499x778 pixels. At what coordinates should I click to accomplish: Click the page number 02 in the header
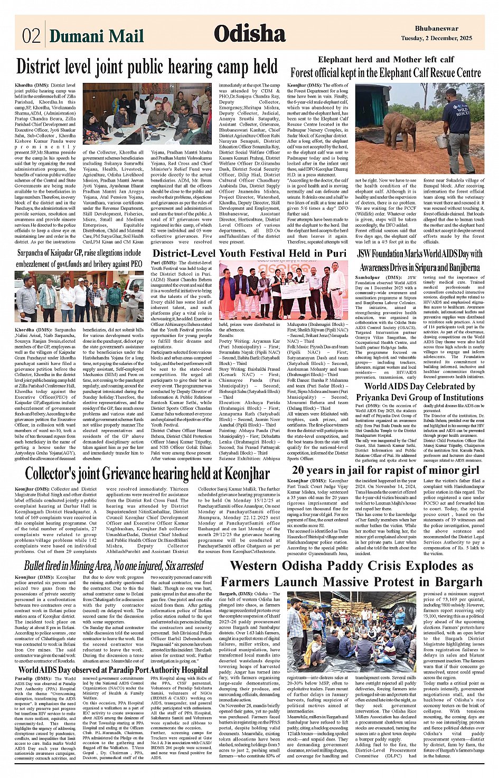(x=31, y=35)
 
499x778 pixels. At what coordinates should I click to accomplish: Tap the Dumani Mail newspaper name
(x=97, y=35)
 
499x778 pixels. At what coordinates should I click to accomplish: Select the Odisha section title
(x=249, y=34)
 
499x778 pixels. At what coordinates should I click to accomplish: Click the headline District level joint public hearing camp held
(x=147, y=67)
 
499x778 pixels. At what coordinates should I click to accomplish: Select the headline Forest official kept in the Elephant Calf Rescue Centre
(x=385, y=73)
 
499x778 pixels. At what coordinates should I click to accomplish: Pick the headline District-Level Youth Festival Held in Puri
(x=249, y=253)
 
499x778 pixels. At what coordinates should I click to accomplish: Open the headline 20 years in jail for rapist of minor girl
(x=385, y=470)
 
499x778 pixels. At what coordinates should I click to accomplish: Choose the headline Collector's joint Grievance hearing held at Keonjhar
(x=147, y=473)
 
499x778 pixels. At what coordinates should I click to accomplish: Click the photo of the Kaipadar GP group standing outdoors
(x=79, y=296)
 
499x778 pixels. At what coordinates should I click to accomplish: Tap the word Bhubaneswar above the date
(x=437, y=29)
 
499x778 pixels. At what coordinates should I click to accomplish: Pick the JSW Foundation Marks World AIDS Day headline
(x=420, y=260)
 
